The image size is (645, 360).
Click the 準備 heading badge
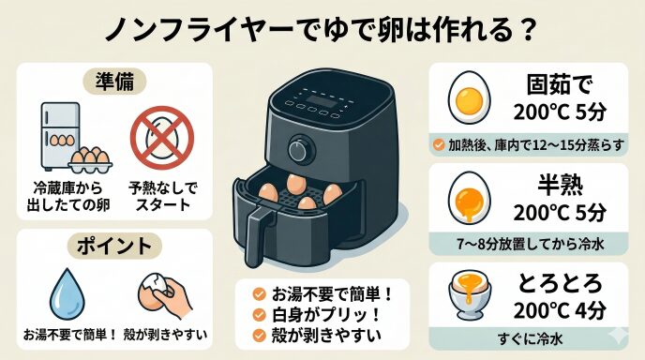coord(114,82)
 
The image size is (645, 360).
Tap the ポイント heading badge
coord(114,246)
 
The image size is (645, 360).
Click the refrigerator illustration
coord(60,136)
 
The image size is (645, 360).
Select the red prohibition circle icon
coord(162,138)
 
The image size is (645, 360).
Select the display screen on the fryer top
coord(321,101)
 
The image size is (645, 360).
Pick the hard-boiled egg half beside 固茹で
coord(470,98)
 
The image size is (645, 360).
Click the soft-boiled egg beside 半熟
coord(470,198)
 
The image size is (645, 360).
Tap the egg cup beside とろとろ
coord(470,294)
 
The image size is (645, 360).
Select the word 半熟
coord(560,186)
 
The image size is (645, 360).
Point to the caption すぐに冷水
coord(530,339)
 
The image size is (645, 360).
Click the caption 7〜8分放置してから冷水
coord(531,244)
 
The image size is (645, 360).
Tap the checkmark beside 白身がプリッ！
coord(259,315)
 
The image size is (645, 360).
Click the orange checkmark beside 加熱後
coord(439,144)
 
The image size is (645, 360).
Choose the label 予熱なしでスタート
coord(163,197)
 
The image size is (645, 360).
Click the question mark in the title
coord(528,30)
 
